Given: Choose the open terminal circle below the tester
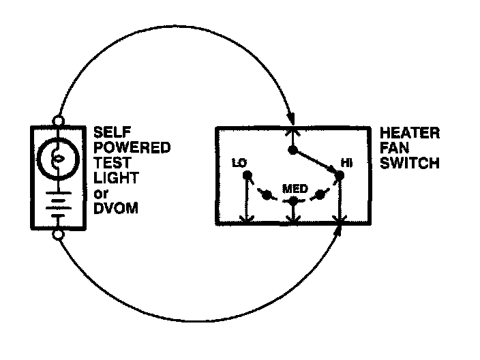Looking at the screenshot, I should coord(58,235).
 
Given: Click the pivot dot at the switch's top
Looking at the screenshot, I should coord(292,150).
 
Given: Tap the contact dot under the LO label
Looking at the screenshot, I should coord(247,176).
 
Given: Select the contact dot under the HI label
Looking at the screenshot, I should coord(339,176).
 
